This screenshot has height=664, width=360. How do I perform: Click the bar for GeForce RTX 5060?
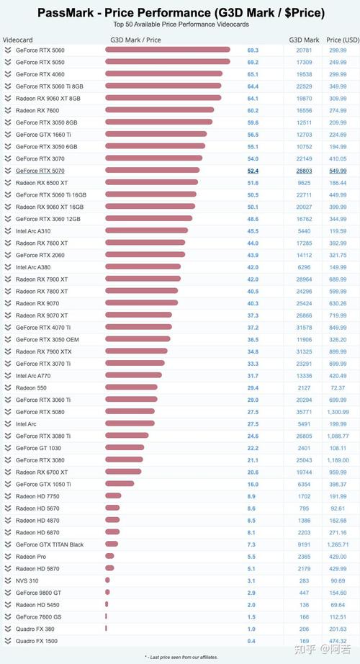coord(168,50)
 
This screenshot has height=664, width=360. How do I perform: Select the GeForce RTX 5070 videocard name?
coord(40,171)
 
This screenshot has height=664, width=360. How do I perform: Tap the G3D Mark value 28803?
coord(304,171)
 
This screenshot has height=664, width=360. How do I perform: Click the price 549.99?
coord(338,171)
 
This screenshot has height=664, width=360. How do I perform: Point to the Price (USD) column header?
coord(342,40)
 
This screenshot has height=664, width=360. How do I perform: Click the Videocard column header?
coord(18,40)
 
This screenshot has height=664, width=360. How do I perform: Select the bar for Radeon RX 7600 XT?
coord(145,243)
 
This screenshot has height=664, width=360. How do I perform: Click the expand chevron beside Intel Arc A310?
coord(8,230)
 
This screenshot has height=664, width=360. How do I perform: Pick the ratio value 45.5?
coord(253,231)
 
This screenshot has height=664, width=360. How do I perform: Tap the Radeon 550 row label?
coord(31,388)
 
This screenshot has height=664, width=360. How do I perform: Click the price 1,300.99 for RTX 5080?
coord(338,412)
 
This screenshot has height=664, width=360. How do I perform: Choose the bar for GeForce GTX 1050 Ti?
coord(120,484)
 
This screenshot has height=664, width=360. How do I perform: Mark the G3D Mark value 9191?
coord(304,544)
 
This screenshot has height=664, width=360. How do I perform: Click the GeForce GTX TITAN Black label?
coord(50,544)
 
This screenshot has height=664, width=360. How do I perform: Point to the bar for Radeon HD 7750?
coord(114,496)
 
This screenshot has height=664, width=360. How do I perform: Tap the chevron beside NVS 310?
coord(8,580)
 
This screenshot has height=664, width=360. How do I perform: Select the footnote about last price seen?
coord(181,657)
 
